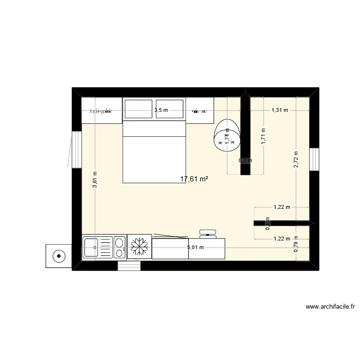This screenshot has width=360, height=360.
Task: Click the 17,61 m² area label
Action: pyautogui.click(x=194, y=179)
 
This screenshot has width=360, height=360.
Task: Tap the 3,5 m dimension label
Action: pyautogui.click(x=161, y=110)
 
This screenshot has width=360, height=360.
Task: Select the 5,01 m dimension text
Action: pyautogui.click(x=195, y=248)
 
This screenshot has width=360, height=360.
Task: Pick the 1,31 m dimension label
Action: pyautogui.click(x=280, y=110)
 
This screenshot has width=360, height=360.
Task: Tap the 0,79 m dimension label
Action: pyautogui.click(x=296, y=246)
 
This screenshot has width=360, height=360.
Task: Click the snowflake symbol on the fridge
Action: pyautogui.click(x=139, y=247)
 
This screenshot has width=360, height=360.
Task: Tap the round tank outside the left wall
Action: pyautogui.click(x=59, y=255)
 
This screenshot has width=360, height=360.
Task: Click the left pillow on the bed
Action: pyautogui.click(x=139, y=109)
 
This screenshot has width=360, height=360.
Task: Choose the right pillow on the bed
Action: pyautogui.click(x=169, y=109)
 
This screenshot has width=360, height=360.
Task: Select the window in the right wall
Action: pyautogui.click(x=314, y=159)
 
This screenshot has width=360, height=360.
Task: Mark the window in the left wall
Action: pyautogui.click(x=75, y=149)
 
